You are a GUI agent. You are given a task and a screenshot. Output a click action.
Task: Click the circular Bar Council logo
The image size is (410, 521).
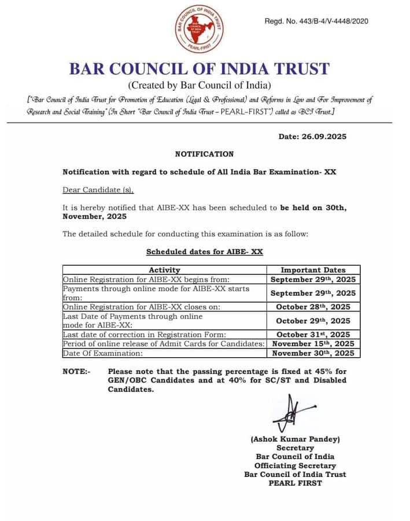[200, 28]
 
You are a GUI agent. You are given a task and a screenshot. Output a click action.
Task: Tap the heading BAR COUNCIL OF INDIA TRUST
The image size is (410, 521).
[200, 68]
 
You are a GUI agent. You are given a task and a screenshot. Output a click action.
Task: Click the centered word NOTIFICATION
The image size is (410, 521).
[204, 154]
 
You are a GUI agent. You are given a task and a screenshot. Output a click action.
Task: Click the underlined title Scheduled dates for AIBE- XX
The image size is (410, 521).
[205, 252]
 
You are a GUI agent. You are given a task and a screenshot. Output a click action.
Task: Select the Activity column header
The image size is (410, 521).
[164, 270]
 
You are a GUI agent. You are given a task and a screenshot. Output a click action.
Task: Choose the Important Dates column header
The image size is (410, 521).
[313, 270]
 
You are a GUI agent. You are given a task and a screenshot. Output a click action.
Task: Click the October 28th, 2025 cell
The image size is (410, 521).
[313, 307]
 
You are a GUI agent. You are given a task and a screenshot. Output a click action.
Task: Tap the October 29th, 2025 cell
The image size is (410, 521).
[313, 321]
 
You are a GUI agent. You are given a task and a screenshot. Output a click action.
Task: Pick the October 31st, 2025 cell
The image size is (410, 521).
[313, 335]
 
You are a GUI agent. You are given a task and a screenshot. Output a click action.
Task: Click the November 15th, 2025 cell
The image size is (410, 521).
[313, 344]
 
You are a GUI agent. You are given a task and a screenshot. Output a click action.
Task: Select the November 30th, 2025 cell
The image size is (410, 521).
[313, 353]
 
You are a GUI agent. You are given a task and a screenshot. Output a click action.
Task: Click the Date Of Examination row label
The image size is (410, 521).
[102, 353]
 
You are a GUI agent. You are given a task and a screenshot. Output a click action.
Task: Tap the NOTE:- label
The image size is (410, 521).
[76, 371]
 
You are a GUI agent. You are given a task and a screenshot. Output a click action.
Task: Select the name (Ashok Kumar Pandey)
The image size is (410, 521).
[295, 439]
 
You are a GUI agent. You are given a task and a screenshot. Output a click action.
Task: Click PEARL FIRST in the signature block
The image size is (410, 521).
[295, 483]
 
